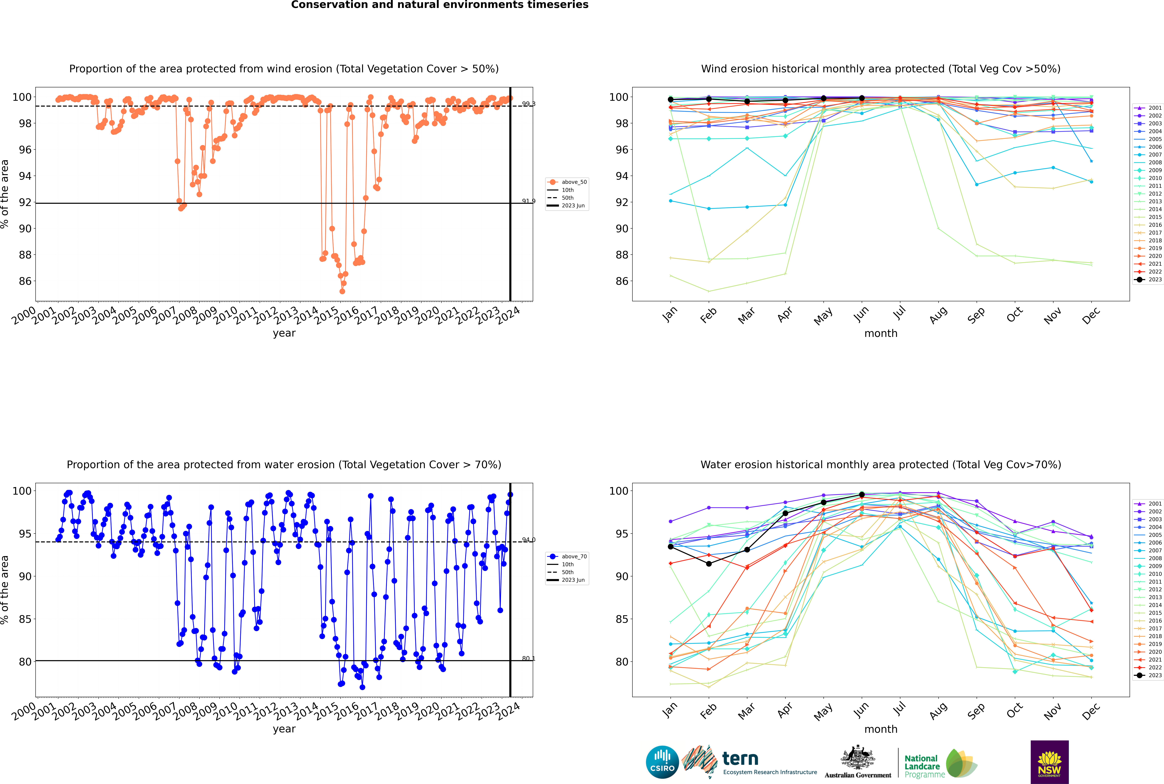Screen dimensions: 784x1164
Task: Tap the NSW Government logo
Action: [x=1049, y=762]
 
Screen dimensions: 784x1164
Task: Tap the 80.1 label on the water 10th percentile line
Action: [x=528, y=659]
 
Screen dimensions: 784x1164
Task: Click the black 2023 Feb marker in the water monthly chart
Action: [x=709, y=563]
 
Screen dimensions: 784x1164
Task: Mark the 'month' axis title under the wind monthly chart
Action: [x=881, y=334]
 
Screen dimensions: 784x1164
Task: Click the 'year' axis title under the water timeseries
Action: [x=284, y=729]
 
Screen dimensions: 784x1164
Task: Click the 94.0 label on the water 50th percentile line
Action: [x=528, y=540]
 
